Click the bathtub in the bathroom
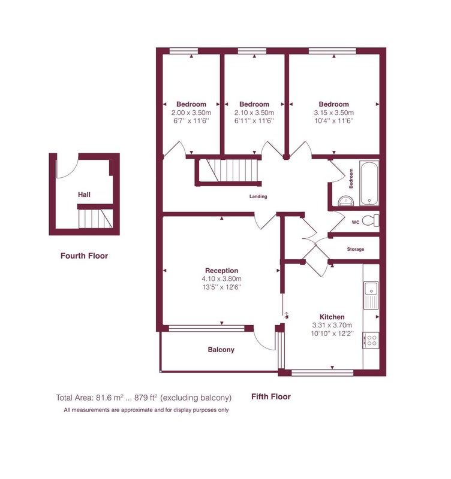point(369,183)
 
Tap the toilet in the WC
point(371,220)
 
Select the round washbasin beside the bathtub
point(346,201)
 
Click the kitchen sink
point(371,295)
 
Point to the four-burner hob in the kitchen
point(371,340)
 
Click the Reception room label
point(221,271)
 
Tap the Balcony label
point(221,350)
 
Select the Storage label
point(356,249)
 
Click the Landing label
point(258,196)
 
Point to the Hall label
point(84,195)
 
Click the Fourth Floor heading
point(84,256)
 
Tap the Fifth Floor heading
point(271,396)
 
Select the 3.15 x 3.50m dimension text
point(334,113)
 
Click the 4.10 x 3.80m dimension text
point(221,278)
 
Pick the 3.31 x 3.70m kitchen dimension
point(332,325)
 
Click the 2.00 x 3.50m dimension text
point(191,113)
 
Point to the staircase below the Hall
point(96,219)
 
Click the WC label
point(356,222)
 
